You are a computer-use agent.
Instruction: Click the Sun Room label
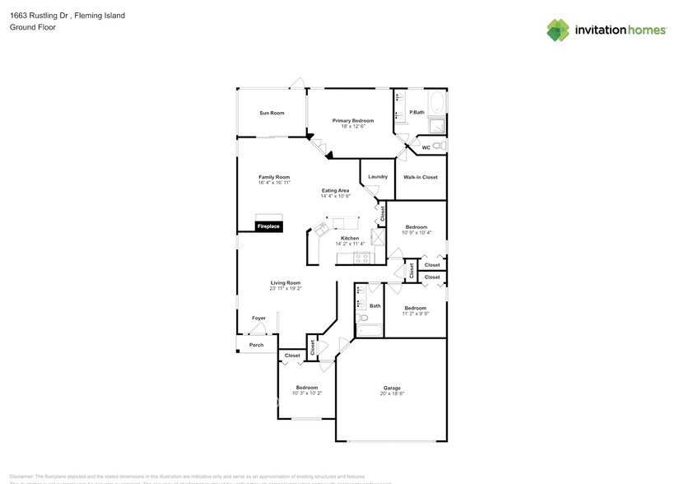coord(272,113)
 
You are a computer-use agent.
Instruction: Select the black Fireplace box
coord(269,226)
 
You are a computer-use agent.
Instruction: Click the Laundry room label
coord(378,177)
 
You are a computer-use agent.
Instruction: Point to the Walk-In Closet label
coord(420,177)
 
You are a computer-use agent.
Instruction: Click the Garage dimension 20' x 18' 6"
coord(392,393)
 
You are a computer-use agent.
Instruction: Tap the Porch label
coord(256,345)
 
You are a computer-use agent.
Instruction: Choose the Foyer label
coord(258,318)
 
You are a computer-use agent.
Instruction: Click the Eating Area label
coord(335,191)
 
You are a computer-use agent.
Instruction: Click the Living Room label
coord(285,283)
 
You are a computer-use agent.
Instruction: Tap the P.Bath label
coord(416,112)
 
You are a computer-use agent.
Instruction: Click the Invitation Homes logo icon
coord(558,30)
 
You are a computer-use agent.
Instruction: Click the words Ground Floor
coord(28,27)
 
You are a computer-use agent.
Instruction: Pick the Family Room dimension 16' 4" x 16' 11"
coord(274,182)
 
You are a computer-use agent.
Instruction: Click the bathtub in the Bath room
coord(370,331)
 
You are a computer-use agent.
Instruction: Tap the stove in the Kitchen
coord(361,258)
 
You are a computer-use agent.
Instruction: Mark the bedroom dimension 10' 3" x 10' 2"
coord(307,393)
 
